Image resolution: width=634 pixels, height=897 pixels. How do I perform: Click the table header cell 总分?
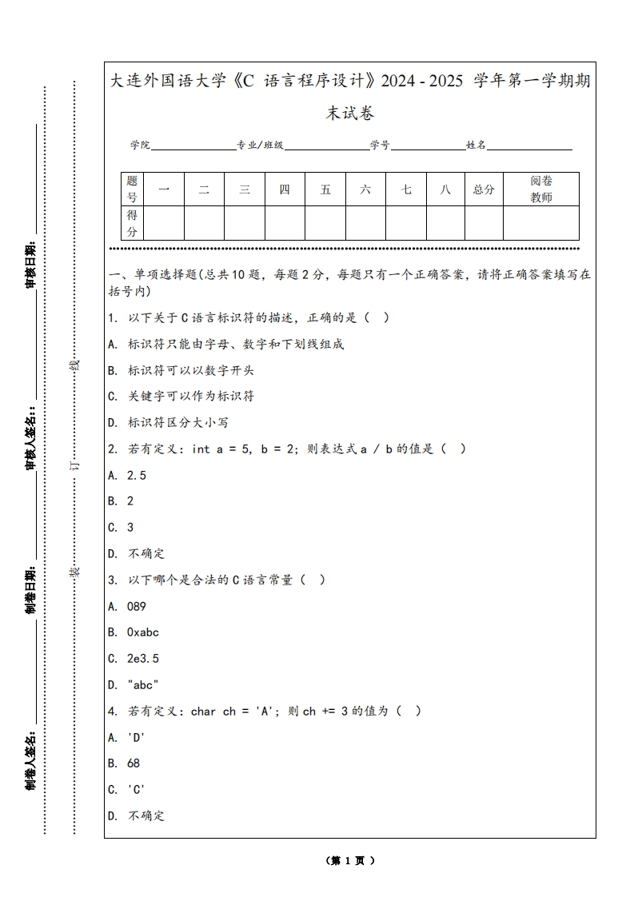(484, 189)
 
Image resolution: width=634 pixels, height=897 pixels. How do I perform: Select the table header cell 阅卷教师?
(541, 189)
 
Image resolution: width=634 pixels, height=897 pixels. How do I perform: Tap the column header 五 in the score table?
(325, 189)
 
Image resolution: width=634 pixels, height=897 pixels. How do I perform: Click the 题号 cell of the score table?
(132, 189)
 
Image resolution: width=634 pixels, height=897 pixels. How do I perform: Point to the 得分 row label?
(132, 223)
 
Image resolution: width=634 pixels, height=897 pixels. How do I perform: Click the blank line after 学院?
(193, 146)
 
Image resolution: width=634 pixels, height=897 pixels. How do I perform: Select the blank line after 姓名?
(529, 146)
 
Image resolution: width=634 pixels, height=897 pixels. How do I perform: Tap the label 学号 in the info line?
(380, 146)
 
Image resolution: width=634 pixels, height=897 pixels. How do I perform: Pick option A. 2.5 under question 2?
(127, 475)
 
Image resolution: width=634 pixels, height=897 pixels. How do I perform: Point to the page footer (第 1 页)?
(350, 861)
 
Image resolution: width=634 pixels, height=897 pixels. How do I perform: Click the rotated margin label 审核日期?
(30, 264)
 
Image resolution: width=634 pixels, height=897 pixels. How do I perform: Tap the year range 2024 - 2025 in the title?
(422, 82)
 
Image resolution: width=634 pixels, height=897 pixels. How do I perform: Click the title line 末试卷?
(350, 114)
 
